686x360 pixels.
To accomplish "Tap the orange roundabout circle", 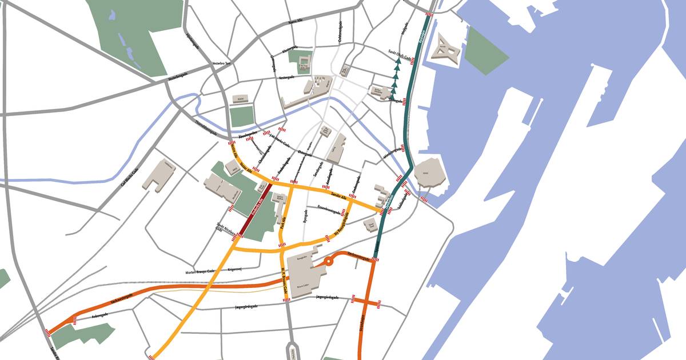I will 329,262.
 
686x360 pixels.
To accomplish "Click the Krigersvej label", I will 235,269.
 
